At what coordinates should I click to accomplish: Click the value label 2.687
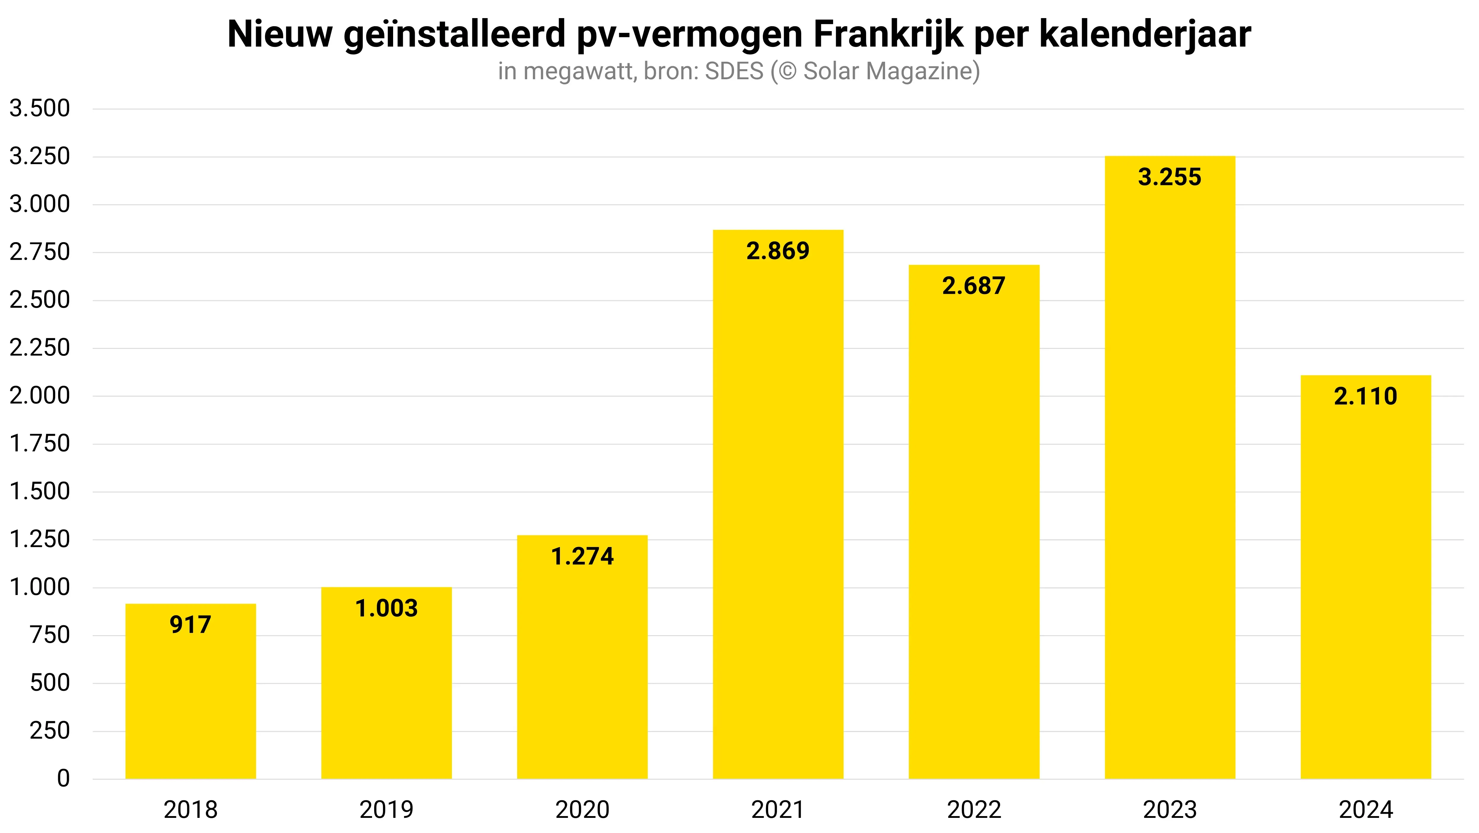(x=974, y=286)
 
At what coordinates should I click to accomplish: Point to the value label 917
(x=190, y=625)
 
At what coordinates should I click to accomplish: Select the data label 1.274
(x=582, y=556)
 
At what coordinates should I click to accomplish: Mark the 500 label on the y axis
(x=50, y=683)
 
